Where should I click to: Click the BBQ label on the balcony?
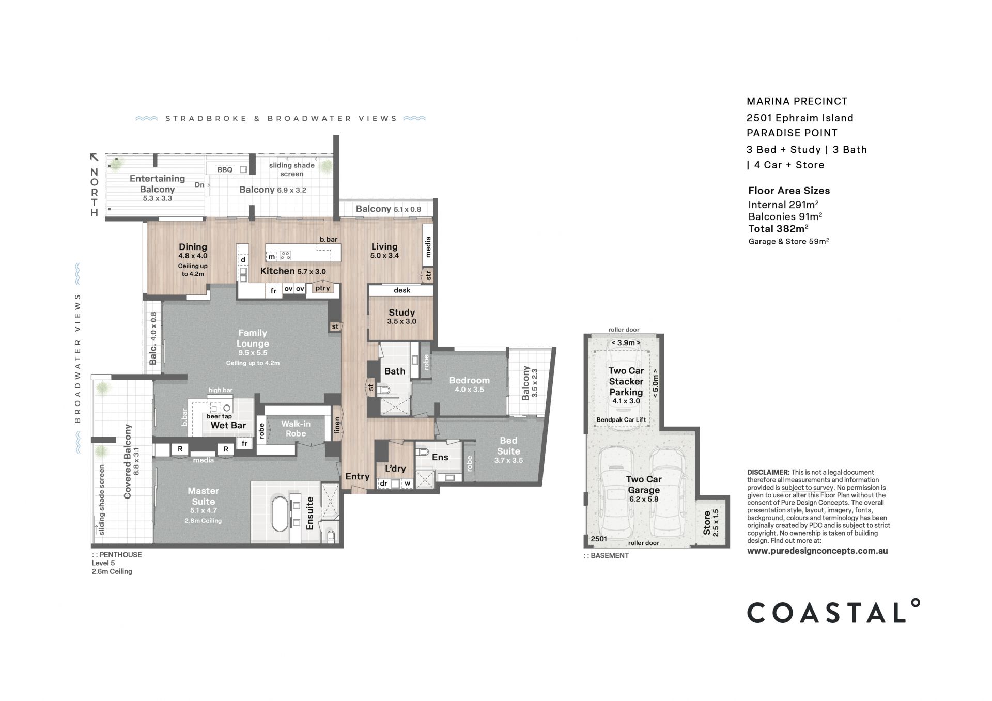pos(225,169)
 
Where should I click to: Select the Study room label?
pos(401,313)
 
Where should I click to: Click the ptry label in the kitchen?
pos(322,288)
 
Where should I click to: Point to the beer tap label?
pos(219,416)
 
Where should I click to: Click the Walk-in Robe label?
pos(296,429)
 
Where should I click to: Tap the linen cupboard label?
pos(337,426)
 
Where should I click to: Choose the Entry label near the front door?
pos(357,476)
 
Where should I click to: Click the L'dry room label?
pos(395,469)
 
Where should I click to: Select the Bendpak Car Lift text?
pos(621,419)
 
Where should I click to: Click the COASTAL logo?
pos(833,612)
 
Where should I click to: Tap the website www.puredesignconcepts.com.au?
pos(817,551)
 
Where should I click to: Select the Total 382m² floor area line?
pos(778,229)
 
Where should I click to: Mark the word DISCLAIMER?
pos(768,472)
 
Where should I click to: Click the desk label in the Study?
pos(401,290)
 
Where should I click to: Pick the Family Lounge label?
pos(253,338)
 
